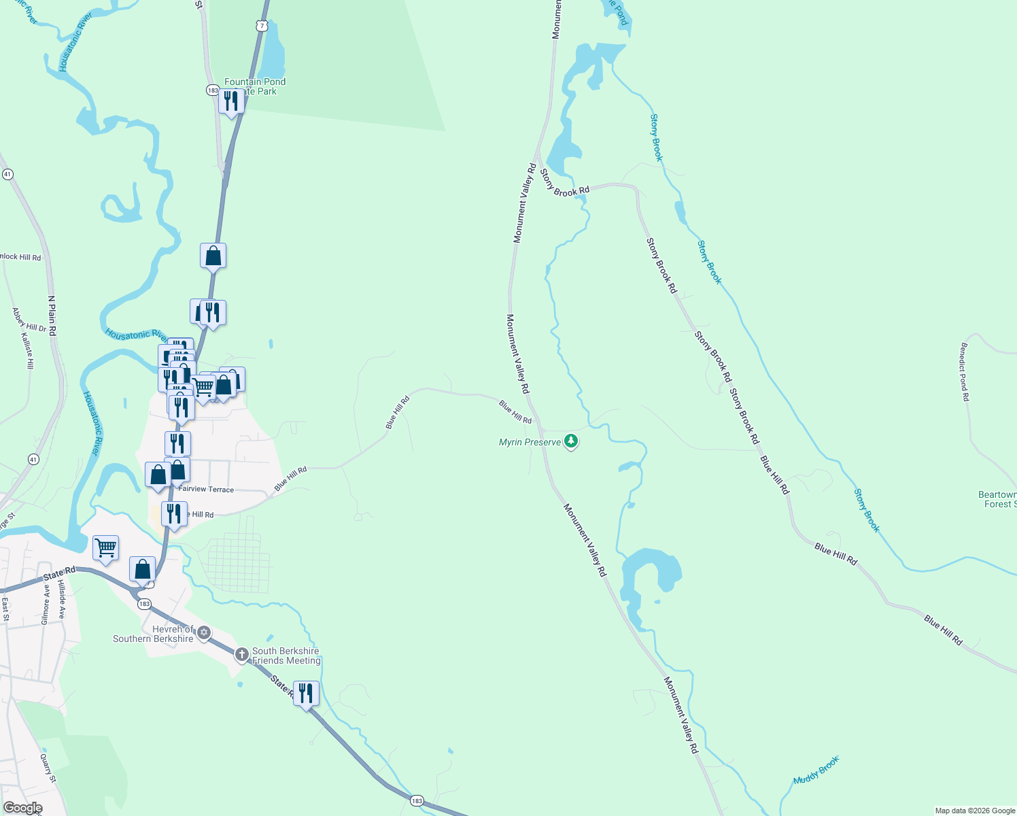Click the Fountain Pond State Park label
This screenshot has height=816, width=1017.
click(x=255, y=86)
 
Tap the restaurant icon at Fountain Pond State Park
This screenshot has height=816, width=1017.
click(x=231, y=101)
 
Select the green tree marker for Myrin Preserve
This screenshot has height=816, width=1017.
click(x=571, y=442)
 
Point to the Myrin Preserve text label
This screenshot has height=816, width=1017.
click(x=530, y=442)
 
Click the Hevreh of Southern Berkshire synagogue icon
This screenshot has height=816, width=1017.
click(x=203, y=634)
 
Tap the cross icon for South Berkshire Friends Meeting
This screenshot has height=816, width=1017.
click(x=242, y=655)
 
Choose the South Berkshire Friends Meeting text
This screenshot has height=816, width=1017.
click(x=286, y=656)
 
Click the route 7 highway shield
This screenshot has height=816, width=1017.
click(x=262, y=26)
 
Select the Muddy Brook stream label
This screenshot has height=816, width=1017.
click(x=816, y=770)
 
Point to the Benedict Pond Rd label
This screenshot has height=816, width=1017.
click(x=964, y=372)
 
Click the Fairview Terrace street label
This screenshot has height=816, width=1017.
click(x=206, y=490)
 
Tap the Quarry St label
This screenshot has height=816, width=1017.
click(x=48, y=768)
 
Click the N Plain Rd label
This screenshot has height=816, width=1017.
click(x=52, y=315)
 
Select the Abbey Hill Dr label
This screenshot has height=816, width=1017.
click(x=29, y=320)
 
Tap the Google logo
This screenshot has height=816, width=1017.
click(x=22, y=808)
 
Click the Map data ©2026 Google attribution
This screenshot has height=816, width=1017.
click(x=974, y=811)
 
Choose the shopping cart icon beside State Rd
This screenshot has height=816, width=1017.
click(x=105, y=547)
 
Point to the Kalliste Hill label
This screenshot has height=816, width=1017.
click(x=27, y=351)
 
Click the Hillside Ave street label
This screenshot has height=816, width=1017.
click(x=61, y=598)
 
